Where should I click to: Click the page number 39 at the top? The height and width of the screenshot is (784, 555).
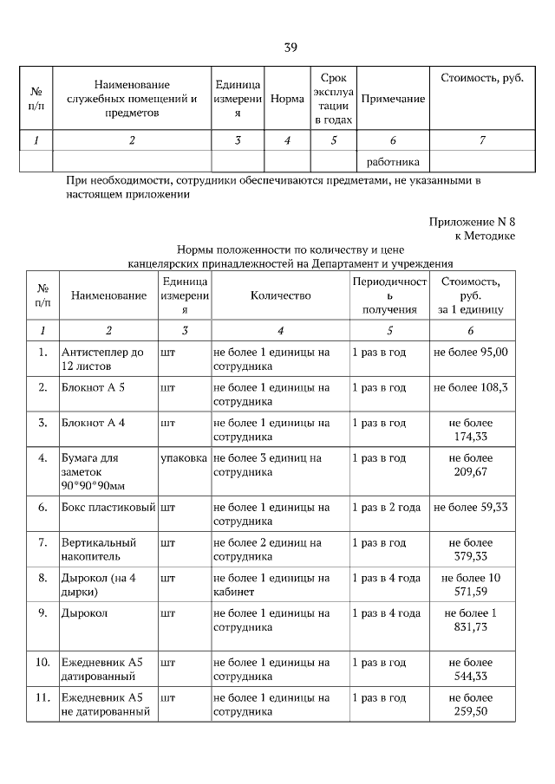click(291, 48)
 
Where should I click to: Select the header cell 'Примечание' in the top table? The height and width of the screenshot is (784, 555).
click(393, 99)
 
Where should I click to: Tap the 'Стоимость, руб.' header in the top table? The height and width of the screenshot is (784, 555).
click(482, 79)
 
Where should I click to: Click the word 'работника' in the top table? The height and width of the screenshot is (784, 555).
click(393, 161)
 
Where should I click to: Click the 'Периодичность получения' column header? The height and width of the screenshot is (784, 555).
click(389, 295)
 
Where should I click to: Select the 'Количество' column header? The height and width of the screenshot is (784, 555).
click(280, 295)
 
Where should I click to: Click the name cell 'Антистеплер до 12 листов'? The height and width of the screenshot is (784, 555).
click(102, 360)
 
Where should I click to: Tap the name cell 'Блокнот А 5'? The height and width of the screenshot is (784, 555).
click(94, 387)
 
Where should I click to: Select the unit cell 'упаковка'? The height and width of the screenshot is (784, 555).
click(183, 457)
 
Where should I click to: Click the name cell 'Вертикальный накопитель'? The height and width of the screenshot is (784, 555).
click(97, 549)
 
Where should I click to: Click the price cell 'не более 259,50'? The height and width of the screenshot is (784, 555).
click(471, 704)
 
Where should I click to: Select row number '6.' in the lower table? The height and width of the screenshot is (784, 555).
click(42, 507)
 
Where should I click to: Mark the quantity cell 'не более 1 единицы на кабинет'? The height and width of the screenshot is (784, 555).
click(271, 585)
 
